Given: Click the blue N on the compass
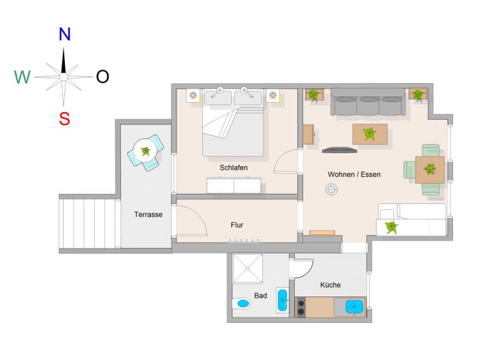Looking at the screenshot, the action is pos(65,34).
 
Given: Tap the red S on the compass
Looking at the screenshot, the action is pos(65,119).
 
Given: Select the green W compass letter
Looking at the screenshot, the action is pos(23,77).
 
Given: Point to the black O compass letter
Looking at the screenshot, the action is pos(103,76).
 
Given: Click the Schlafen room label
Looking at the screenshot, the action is pos(233,168).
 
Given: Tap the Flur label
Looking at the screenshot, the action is pos(237,225).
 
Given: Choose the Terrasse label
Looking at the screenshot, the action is pos(148,214).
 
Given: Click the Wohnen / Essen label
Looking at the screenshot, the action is pos(354,174).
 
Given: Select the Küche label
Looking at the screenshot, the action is pos(331,285).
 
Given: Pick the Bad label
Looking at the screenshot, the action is pos(260,295).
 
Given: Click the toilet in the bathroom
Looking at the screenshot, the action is pos(241,304).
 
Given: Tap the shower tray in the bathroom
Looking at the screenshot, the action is pos(247,269).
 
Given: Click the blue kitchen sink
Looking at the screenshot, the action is pos(354,307).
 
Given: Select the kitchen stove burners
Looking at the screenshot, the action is pos(301,307).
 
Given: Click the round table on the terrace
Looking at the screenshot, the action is pos(145,151).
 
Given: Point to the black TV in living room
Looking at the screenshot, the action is pos(339,149).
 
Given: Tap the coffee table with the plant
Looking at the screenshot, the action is pos(370,134).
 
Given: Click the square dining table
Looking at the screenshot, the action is pos(430,170).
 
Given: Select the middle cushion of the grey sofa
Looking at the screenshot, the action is pos(368,106).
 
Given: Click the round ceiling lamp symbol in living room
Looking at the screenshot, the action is pos(331,189).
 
